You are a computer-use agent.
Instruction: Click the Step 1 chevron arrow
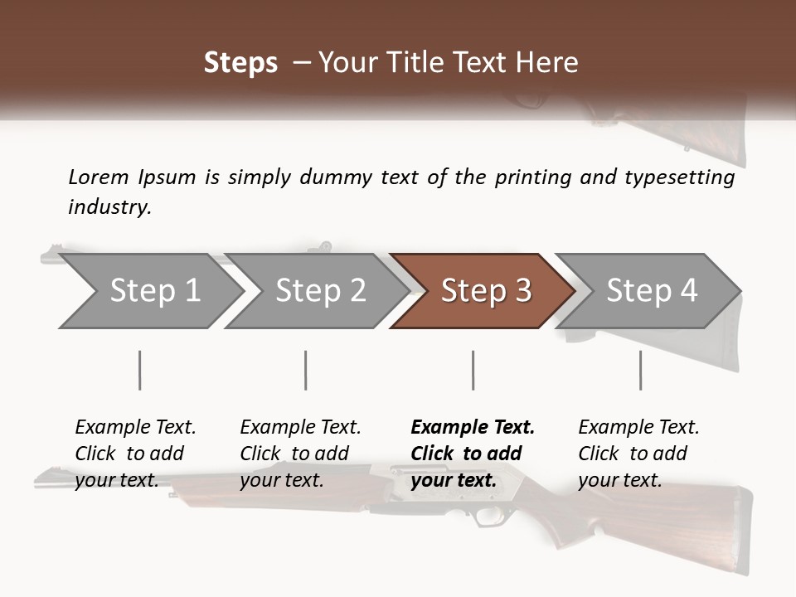click(154, 291)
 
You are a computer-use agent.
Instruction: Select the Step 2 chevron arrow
click(320, 291)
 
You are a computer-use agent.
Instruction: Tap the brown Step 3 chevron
click(485, 291)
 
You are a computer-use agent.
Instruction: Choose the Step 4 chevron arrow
click(651, 291)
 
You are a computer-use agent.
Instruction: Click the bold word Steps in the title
click(240, 63)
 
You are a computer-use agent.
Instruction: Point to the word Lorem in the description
click(99, 177)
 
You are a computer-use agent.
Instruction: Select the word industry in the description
click(109, 207)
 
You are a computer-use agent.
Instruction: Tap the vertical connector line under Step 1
click(139, 370)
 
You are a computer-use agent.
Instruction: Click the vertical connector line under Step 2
click(306, 370)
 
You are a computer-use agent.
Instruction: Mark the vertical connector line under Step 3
click(473, 370)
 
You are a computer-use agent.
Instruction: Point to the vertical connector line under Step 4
click(640, 370)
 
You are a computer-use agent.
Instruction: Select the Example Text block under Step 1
click(135, 454)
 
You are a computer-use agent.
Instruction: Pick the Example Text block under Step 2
click(300, 454)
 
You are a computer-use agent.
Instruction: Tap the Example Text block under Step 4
click(638, 454)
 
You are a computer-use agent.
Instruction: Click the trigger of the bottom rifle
click(487, 517)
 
